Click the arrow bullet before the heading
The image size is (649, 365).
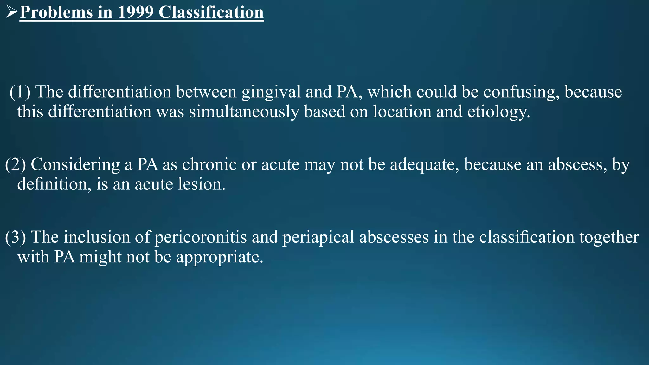click(x=12, y=13)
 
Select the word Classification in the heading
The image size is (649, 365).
click(x=211, y=13)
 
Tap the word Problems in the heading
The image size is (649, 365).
click(x=56, y=13)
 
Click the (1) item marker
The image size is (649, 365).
click(x=20, y=92)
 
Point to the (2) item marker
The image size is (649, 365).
click(x=16, y=164)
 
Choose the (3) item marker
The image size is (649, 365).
click(x=16, y=237)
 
